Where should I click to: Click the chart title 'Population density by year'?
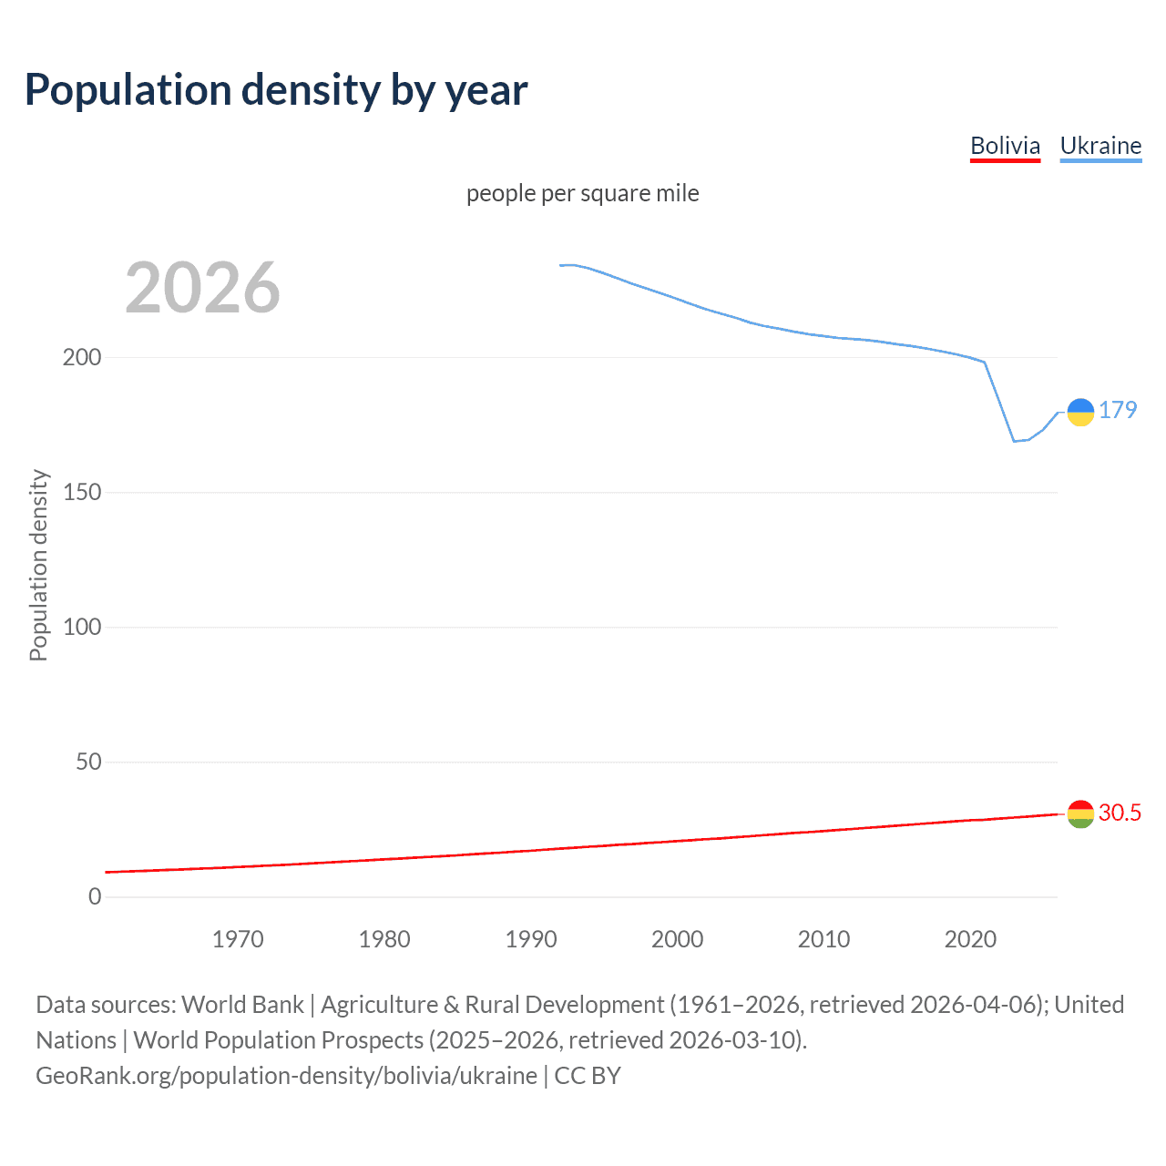point(276,89)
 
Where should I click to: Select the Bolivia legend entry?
point(1005,146)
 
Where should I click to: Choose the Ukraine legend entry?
point(1100,146)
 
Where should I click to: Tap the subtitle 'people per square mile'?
point(583,193)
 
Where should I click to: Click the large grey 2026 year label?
point(202,288)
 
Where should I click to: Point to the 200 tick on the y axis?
point(82,357)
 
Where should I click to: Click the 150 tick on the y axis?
point(82,492)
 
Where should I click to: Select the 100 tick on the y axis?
point(82,627)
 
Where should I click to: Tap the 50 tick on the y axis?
point(88,762)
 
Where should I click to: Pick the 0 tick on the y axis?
point(95,896)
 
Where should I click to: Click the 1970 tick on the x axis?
point(238,939)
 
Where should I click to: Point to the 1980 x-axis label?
point(384,939)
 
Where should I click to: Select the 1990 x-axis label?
point(531,939)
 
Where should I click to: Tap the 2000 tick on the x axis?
point(678,939)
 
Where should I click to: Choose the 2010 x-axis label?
point(824,939)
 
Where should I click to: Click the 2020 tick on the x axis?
point(971,939)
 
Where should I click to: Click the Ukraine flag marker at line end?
point(1080,413)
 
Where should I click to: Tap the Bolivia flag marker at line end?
point(1080,813)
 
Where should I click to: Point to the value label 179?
point(1118,410)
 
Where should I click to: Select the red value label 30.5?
point(1120,813)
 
